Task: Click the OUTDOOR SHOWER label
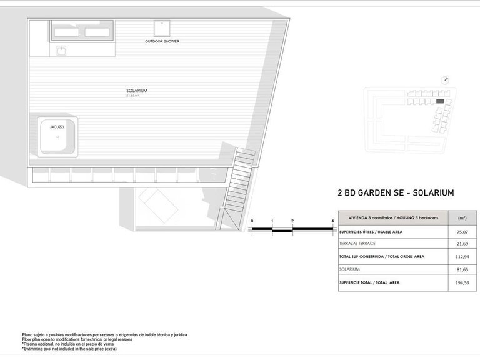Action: (x=162, y=41)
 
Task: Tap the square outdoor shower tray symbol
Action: (x=162, y=29)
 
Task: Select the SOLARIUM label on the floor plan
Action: (x=136, y=91)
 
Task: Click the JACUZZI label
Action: (x=56, y=127)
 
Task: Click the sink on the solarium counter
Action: (x=62, y=49)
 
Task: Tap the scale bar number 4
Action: (x=332, y=221)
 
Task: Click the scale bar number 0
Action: (x=252, y=221)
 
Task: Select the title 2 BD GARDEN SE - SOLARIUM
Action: (x=395, y=193)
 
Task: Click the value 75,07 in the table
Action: (x=462, y=232)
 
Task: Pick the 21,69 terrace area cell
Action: (x=462, y=243)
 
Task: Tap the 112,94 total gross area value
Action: (x=462, y=256)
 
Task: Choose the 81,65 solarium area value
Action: (x=462, y=269)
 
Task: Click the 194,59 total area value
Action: (x=462, y=282)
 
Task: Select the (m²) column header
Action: (x=462, y=218)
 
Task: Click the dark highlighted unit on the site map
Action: (x=440, y=101)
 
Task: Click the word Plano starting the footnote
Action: (x=28, y=335)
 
